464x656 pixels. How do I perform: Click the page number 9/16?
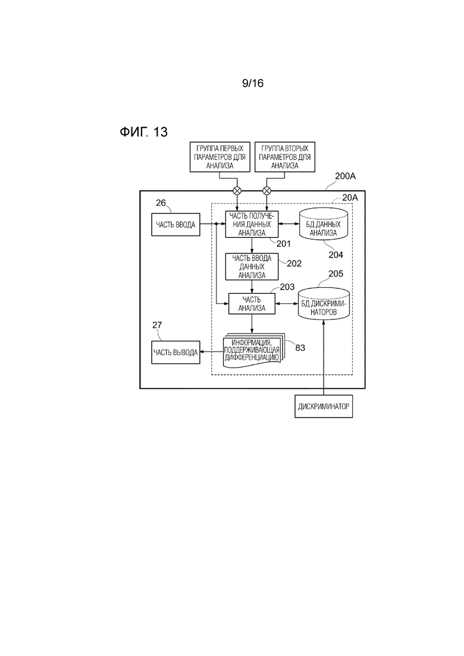(x=253, y=83)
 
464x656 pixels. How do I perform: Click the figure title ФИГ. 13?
(x=143, y=132)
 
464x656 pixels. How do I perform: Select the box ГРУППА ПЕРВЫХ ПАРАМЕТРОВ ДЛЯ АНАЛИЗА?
(x=220, y=157)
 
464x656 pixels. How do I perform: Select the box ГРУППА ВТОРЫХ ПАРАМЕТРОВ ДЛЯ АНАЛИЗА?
(x=284, y=157)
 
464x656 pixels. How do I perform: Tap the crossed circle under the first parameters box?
(x=237, y=191)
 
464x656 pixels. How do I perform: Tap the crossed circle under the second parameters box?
(x=267, y=191)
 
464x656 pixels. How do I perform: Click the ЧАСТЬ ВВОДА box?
(x=175, y=224)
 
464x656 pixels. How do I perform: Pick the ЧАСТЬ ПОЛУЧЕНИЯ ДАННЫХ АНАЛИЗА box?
(x=252, y=224)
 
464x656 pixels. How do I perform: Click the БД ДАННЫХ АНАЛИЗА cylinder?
(x=324, y=224)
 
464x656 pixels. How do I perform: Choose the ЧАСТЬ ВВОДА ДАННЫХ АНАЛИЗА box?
(x=252, y=266)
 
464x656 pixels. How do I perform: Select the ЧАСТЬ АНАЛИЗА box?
(x=252, y=304)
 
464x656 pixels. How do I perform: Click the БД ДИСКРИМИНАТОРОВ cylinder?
(x=324, y=304)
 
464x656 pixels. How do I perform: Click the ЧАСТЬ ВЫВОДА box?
(x=175, y=352)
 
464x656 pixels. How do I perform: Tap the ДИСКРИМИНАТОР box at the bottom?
(x=324, y=406)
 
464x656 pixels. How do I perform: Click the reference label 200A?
(x=345, y=176)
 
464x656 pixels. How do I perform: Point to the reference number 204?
(x=336, y=255)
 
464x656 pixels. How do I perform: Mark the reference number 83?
(x=300, y=348)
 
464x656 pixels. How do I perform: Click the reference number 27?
(x=157, y=325)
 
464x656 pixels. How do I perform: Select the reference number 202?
(x=294, y=263)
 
